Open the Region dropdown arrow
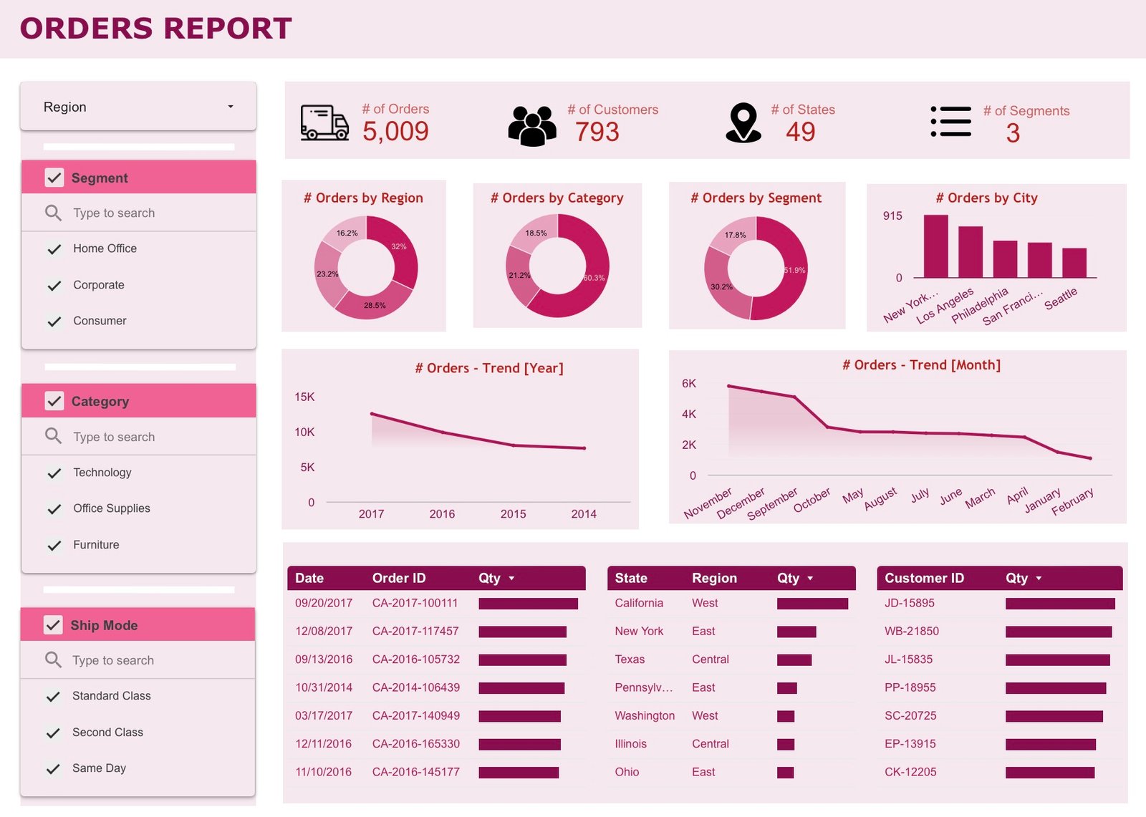(x=230, y=107)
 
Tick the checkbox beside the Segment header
(x=54, y=178)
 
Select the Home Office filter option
(x=105, y=248)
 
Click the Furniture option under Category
(x=96, y=545)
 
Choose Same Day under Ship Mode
(x=99, y=768)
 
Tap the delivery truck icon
(x=324, y=122)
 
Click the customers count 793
(x=597, y=132)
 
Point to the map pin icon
(x=743, y=122)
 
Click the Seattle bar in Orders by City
(x=1074, y=263)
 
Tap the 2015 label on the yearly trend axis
(x=513, y=514)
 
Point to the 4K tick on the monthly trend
(x=688, y=414)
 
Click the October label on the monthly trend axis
(x=812, y=499)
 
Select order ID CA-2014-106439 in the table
(x=415, y=687)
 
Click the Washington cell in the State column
(x=644, y=715)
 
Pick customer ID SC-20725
(x=910, y=715)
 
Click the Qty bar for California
(x=812, y=604)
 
